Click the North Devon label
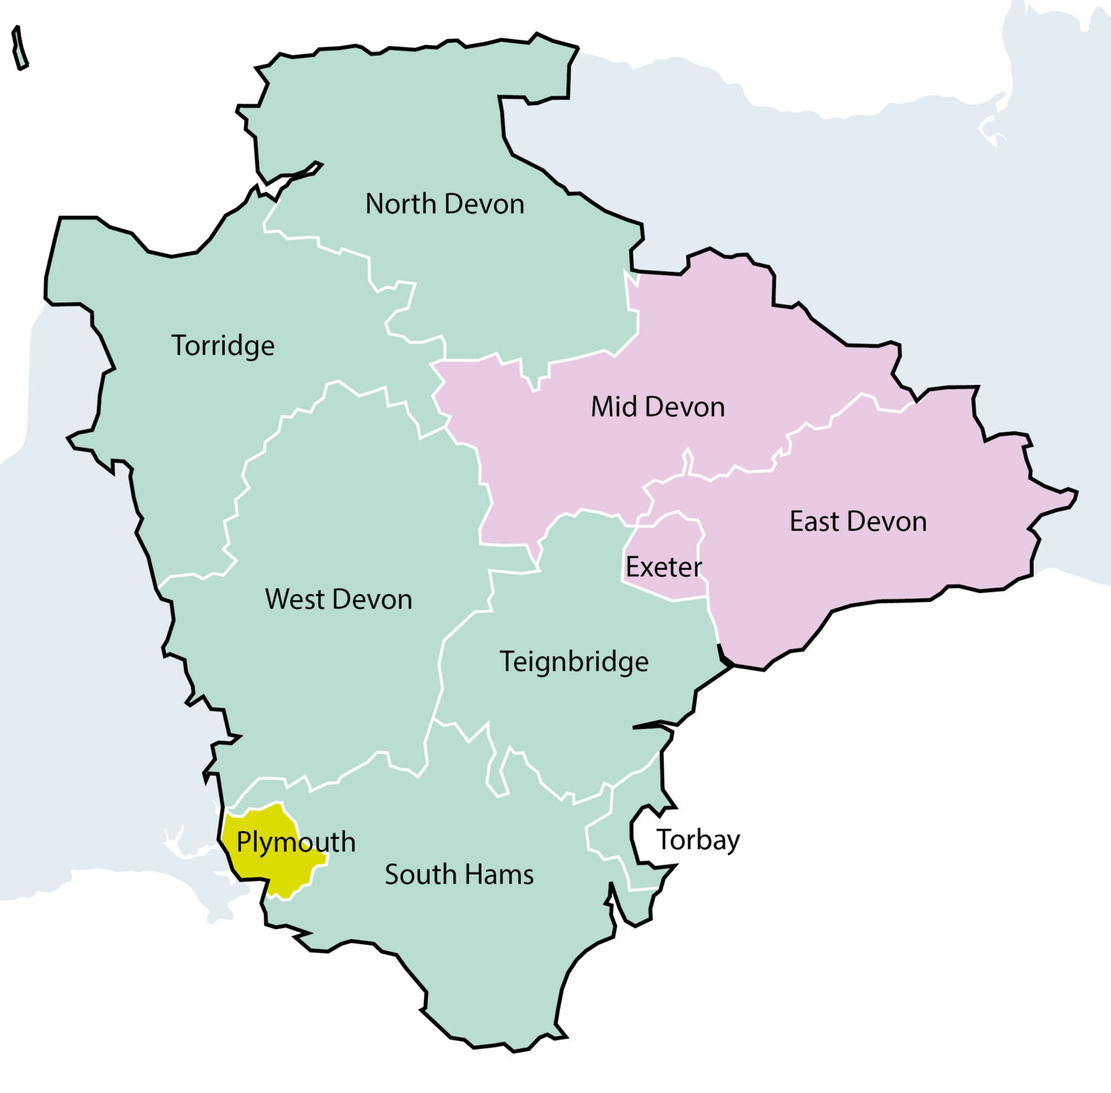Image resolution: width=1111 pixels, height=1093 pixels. pos(445,204)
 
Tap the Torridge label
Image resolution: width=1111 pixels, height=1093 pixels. pos(223,346)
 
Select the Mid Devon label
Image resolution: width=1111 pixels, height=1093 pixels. pos(657,407)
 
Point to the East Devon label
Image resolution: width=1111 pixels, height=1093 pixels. pos(858,522)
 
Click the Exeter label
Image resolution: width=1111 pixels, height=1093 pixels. pos(663,567)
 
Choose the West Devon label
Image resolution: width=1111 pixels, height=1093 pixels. pos(339,600)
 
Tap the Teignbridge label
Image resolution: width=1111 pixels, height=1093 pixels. pos(574,662)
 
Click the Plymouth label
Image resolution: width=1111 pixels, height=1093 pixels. pos(296,843)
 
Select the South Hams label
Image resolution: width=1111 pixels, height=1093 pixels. pos(459,875)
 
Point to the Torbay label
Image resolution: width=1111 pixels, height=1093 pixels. pos(698,840)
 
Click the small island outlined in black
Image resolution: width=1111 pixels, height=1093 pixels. pos(20,48)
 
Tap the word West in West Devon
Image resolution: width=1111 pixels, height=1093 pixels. pos(294,600)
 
